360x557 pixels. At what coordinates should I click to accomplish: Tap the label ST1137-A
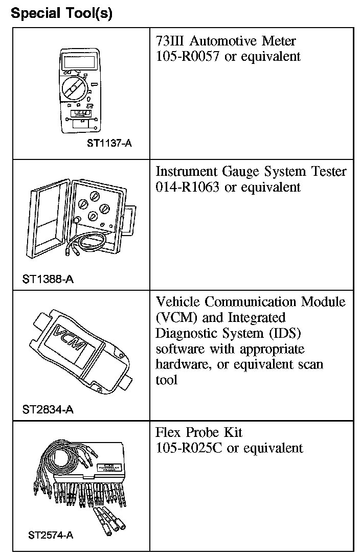click(x=109, y=144)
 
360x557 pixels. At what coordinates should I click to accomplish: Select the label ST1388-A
click(x=48, y=280)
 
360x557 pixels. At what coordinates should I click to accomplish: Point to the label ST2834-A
click(x=48, y=409)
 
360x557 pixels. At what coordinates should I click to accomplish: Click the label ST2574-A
click(x=51, y=536)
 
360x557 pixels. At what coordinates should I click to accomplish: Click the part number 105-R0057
click(x=188, y=56)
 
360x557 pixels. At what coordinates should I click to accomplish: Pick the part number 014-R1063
click(x=188, y=187)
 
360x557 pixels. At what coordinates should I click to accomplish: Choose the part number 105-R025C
click(x=189, y=448)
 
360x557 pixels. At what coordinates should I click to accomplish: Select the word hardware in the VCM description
click(x=179, y=364)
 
